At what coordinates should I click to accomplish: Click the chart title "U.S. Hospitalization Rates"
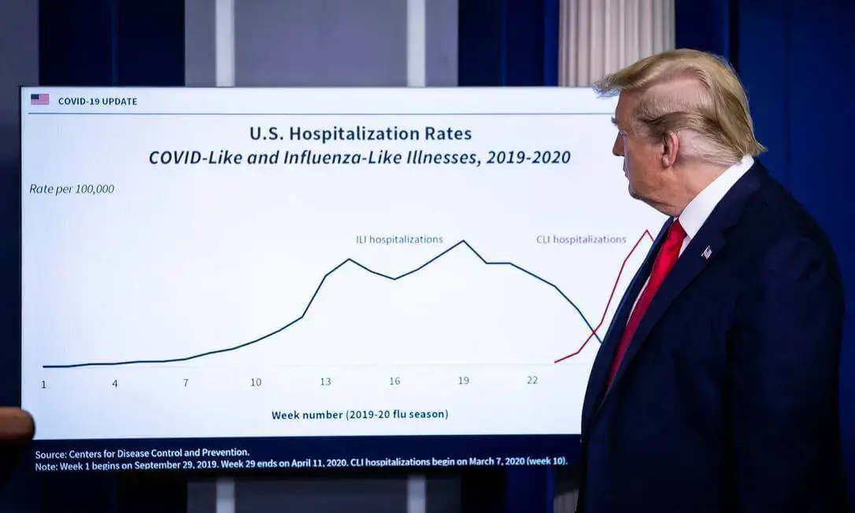pyautogui.click(x=361, y=133)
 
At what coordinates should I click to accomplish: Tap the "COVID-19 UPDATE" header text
pyautogui.click(x=98, y=101)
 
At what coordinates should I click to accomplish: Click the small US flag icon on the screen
pyautogui.click(x=39, y=99)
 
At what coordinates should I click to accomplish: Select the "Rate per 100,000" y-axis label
pyautogui.click(x=72, y=189)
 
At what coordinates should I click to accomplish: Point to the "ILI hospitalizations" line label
pyautogui.click(x=399, y=239)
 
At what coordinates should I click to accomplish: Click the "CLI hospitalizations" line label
pyautogui.click(x=581, y=239)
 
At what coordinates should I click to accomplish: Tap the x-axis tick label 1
pyautogui.click(x=43, y=384)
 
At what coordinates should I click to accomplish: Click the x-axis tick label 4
pyautogui.click(x=115, y=383)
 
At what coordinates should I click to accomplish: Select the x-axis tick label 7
pyautogui.click(x=186, y=382)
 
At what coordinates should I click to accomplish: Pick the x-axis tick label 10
pyautogui.click(x=256, y=382)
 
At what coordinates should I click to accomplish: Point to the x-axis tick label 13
pyautogui.click(x=325, y=381)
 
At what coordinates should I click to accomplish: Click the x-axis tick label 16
pyautogui.click(x=394, y=381)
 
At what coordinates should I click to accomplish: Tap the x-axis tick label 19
pyautogui.click(x=464, y=380)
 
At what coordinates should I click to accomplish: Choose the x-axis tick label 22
pyautogui.click(x=532, y=380)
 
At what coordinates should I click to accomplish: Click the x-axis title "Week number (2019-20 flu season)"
pyautogui.click(x=360, y=414)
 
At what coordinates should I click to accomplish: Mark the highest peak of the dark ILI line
pyautogui.click(x=463, y=241)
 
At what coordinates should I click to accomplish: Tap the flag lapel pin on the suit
pyautogui.click(x=706, y=252)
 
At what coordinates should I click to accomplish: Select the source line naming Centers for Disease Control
pyautogui.click(x=142, y=452)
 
